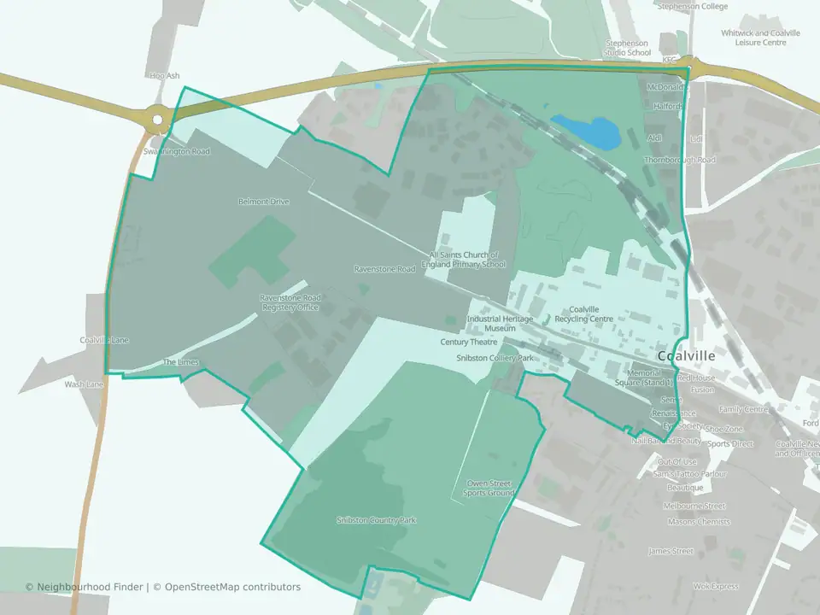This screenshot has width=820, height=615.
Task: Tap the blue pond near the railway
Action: coord(586,130)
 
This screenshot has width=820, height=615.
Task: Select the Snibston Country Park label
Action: coord(377,520)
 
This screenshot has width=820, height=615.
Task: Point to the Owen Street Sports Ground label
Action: coord(489,489)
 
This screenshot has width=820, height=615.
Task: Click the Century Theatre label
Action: coord(469,342)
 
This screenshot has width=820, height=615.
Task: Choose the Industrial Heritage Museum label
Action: coord(500,324)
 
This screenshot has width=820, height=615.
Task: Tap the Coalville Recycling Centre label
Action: coord(584,313)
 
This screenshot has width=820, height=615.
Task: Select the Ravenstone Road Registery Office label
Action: coord(290,302)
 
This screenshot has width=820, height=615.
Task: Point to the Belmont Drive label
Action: coord(264,202)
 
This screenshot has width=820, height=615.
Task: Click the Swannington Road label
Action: coord(177,151)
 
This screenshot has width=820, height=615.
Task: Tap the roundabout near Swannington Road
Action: coord(156,120)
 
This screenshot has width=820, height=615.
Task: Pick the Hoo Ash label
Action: coord(165,76)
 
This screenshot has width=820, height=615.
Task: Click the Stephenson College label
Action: coord(692,6)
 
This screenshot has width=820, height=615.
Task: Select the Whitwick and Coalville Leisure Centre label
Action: coord(760,38)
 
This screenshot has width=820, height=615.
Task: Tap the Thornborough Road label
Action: coord(680,160)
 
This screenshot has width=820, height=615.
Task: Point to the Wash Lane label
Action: coord(84,384)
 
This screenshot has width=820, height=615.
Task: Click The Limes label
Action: coord(181,362)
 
